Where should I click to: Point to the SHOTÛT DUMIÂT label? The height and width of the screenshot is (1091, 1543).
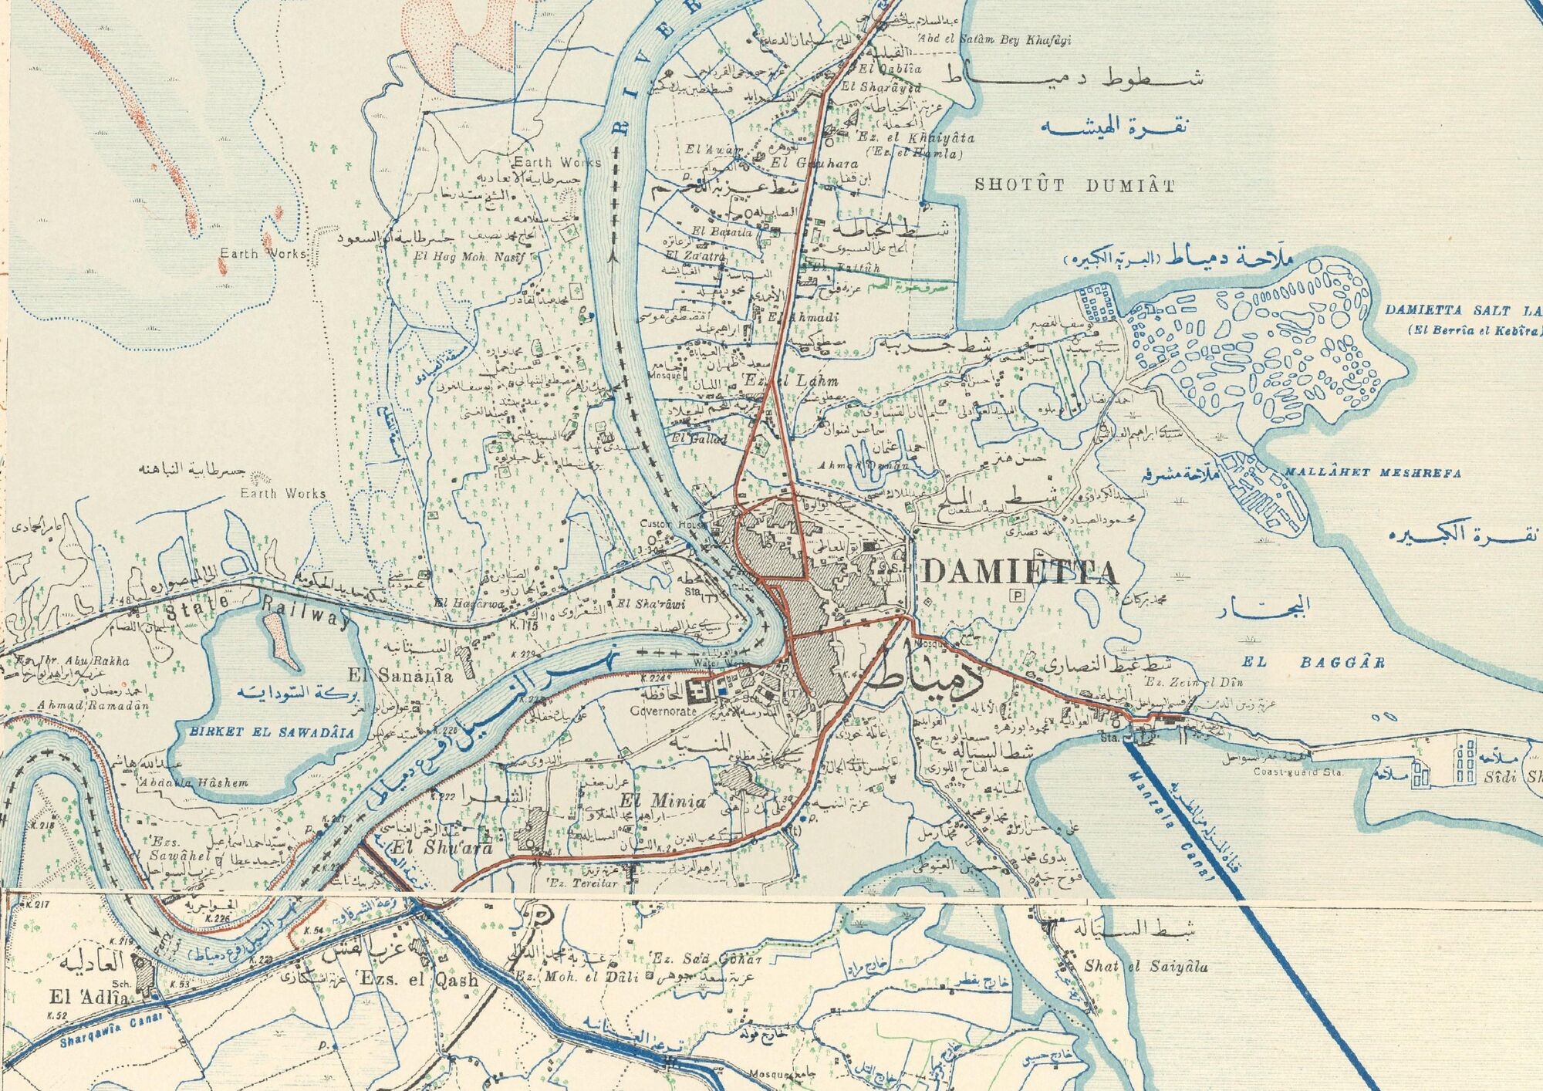pos(1075,185)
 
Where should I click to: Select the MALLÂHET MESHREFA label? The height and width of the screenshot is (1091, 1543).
pos(1372,473)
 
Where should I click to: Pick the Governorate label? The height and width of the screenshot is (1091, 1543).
pos(663,711)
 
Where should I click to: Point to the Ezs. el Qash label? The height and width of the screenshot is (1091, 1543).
pos(417,981)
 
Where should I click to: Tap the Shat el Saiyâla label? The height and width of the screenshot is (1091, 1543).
pos(1146,966)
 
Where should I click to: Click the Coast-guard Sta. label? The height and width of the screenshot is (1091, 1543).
pos(1298,772)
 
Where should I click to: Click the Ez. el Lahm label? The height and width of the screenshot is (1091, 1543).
pos(790,380)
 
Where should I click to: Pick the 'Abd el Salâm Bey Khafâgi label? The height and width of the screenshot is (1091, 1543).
pos(994,40)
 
